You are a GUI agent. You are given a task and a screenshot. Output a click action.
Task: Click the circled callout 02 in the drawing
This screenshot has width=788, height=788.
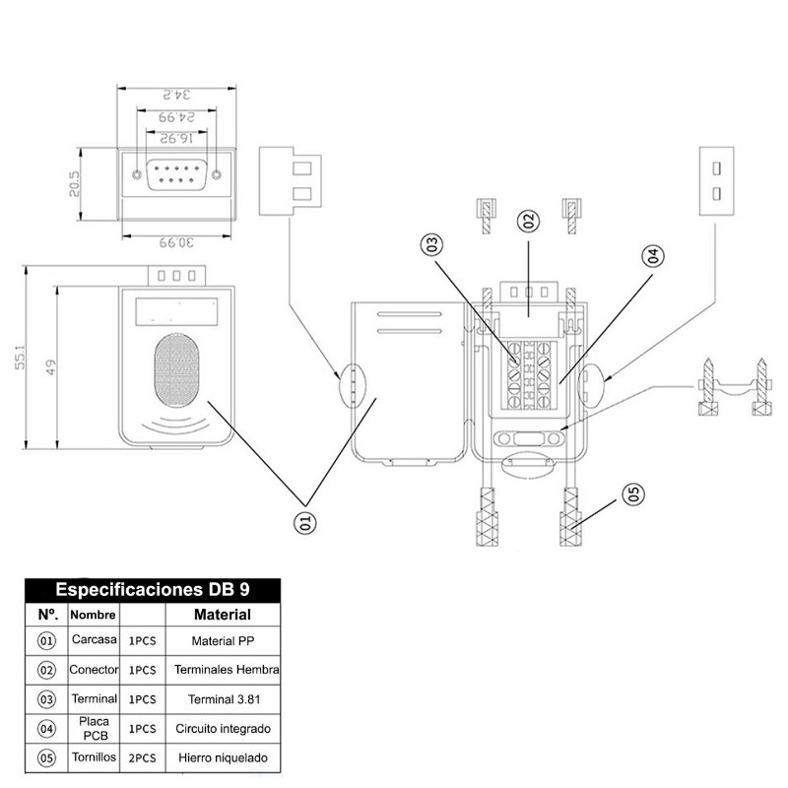528,222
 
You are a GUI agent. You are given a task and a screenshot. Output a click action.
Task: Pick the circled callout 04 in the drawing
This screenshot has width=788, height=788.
651,256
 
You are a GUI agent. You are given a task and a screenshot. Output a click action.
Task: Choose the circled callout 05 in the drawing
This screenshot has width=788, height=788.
632,493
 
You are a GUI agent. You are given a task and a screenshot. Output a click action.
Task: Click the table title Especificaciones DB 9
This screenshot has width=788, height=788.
153,590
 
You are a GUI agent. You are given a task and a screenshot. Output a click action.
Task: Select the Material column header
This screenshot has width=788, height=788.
223,615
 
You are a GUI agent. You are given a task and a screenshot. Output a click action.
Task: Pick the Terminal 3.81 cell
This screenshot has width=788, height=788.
223,699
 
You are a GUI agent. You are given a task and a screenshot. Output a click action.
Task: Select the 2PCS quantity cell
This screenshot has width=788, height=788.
143,758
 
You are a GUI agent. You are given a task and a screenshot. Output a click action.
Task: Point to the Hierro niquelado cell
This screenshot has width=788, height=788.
223,758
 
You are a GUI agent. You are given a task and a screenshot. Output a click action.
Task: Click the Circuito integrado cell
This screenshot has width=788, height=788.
223,729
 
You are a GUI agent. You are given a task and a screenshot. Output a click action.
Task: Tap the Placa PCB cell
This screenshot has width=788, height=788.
95,729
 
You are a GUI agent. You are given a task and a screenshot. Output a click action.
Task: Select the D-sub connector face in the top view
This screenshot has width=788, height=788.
177,176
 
